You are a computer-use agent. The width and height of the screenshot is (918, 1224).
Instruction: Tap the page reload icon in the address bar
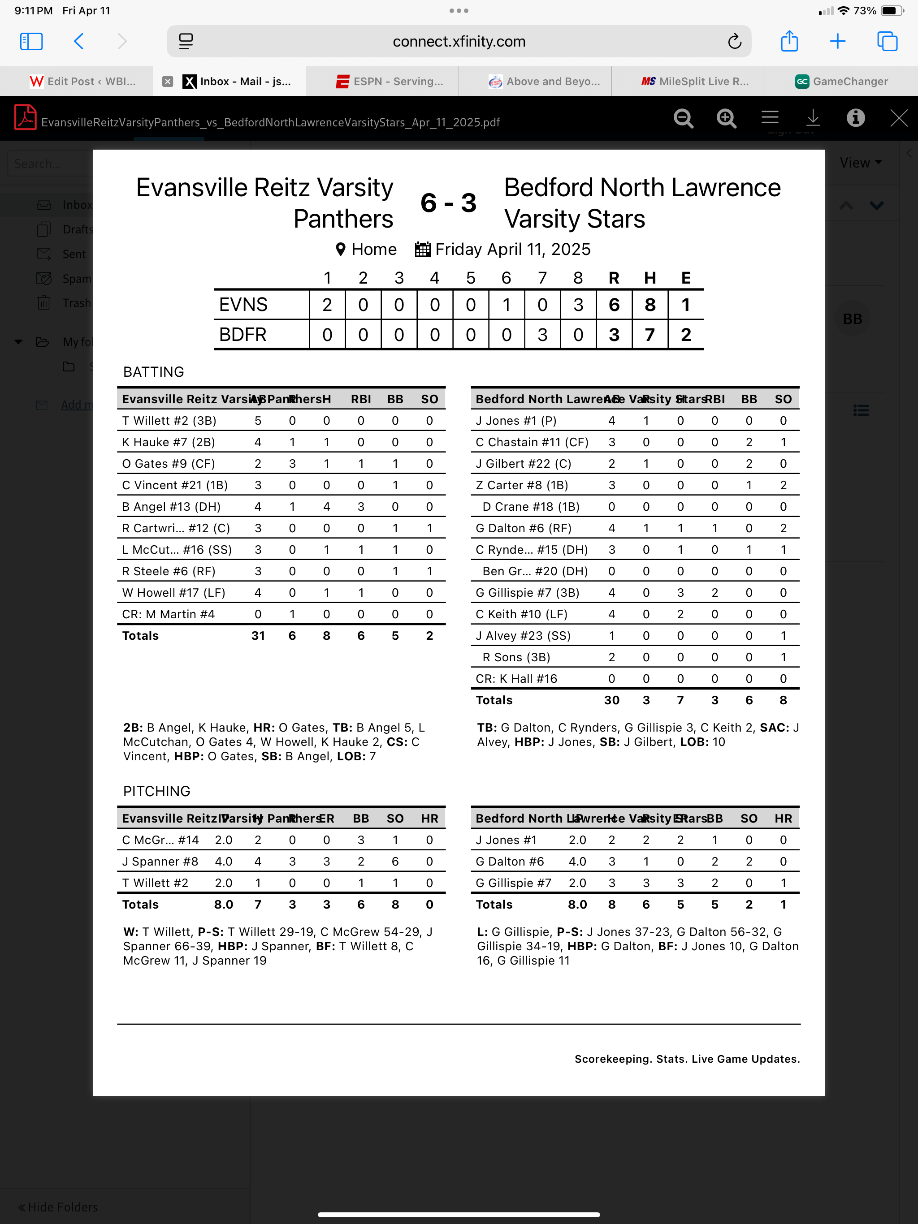[734, 42]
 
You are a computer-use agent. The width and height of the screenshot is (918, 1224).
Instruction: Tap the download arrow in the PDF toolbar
[813, 118]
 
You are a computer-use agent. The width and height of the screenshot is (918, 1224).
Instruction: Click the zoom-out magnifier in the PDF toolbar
[683, 118]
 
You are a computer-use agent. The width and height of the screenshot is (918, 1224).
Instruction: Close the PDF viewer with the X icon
[898, 118]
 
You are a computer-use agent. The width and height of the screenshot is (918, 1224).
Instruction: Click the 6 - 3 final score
[449, 203]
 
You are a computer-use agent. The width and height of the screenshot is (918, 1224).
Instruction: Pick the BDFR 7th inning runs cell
[542, 335]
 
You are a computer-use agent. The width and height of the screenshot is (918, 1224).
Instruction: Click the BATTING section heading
[153, 372]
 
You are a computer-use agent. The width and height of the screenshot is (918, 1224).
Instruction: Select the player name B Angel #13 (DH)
[171, 507]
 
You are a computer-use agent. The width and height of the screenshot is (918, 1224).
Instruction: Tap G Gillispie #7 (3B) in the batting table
[527, 593]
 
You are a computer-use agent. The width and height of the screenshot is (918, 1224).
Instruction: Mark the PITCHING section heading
[157, 791]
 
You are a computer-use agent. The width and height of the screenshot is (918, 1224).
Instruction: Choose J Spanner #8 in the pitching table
[160, 862]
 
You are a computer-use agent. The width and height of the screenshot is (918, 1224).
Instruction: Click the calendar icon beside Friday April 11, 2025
[422, 250]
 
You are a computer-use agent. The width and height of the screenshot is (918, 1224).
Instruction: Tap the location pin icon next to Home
[341, 250]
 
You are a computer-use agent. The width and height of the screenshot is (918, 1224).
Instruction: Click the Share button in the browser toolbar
[789, 42]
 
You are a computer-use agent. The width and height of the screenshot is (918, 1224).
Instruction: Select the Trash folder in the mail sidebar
[76, 303]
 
